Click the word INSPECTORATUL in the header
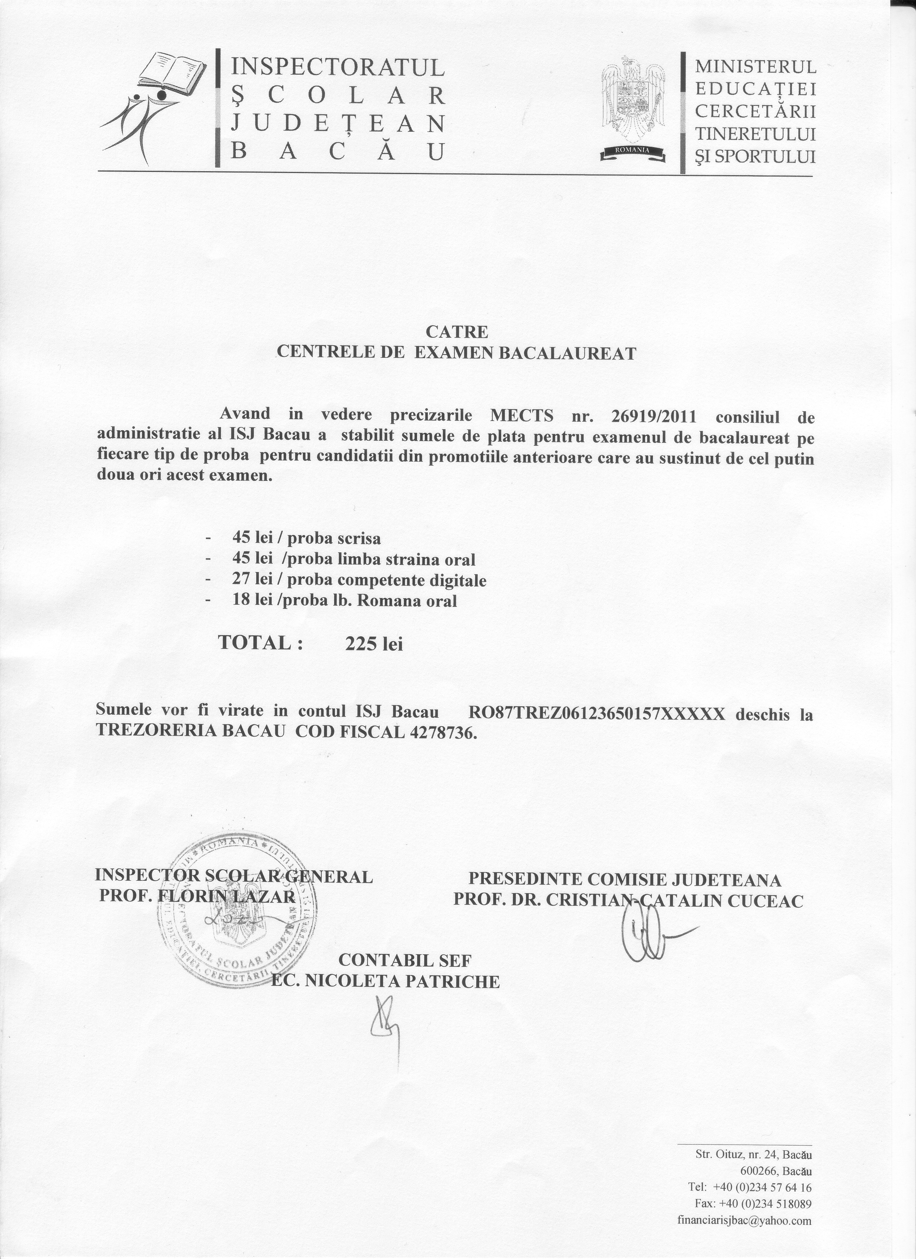pos(337,67)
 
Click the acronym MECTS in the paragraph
pos(522,415)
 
